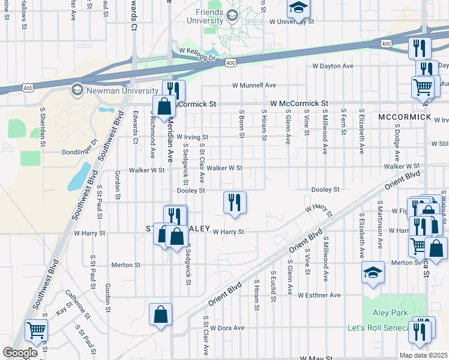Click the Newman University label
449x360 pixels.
[122, 91]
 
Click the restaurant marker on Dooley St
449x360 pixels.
[235, 202]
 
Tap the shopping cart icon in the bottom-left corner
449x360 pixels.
[37, 331]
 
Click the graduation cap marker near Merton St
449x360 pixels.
[373, 272]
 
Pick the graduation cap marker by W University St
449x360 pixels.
[298, 8]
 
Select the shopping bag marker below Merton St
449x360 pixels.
[161, 314]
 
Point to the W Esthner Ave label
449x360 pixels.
[319, 295]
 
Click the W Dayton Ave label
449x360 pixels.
[335, 66]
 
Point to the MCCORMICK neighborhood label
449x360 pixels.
[405, 116]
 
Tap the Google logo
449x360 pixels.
[20, 353]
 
